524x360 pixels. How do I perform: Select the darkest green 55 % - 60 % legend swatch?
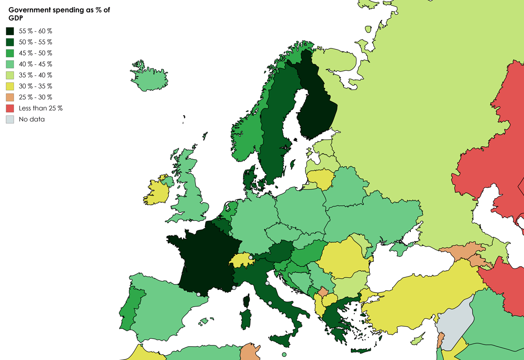tap(10, 31)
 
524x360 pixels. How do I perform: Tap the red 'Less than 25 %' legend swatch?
tap(10, 108)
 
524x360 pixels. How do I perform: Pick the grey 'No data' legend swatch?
tap(10, 119)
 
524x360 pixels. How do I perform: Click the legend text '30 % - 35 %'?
tap(35, 86)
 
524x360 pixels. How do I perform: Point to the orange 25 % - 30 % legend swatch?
tap(10, 97)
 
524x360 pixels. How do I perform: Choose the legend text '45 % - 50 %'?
tap(35, 53)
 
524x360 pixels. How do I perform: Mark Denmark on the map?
tap(249, 178)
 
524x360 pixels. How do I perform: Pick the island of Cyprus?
tap(418, 340)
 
